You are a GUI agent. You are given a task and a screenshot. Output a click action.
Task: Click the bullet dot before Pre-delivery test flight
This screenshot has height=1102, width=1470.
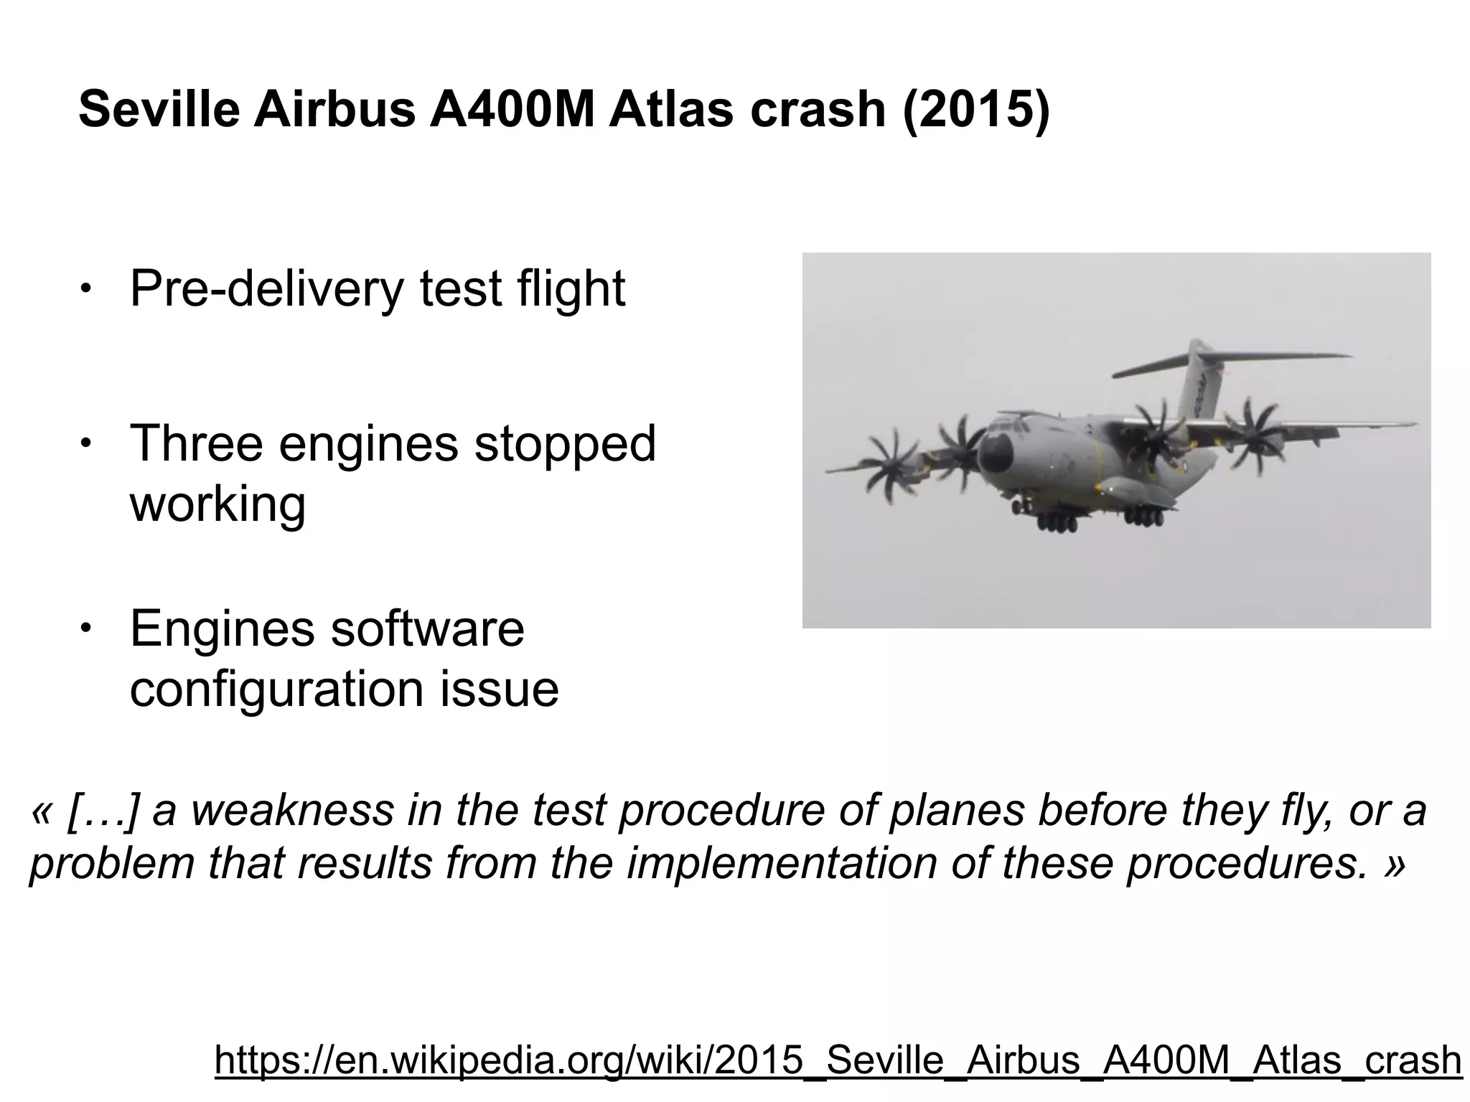(85, 289)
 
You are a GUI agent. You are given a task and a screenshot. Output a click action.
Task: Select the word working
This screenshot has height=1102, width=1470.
(217, 504)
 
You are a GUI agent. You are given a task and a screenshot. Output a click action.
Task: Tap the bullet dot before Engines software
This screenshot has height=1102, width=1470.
(85, 628)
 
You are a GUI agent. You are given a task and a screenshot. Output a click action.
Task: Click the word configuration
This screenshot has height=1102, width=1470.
(276, 689)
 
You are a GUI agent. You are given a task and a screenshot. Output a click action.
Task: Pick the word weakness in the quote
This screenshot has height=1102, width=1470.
(292, 811)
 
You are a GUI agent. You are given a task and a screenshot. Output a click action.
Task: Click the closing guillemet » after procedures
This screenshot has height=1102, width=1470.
(1393, 863)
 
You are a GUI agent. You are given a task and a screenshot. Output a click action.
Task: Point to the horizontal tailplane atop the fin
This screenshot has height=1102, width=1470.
(1231, 364)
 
